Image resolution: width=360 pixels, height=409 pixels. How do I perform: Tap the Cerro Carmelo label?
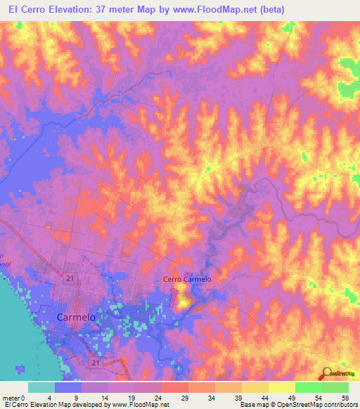click(187, 280)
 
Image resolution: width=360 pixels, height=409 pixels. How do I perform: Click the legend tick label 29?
click(186, 397)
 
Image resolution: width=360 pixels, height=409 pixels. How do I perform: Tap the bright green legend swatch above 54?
click(308, 387)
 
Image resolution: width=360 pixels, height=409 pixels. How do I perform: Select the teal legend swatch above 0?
click(41, 387)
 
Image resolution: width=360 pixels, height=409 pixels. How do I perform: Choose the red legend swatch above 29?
click(175, 387)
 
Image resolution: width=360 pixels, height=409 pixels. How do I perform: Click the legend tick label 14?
click(107, 397)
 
